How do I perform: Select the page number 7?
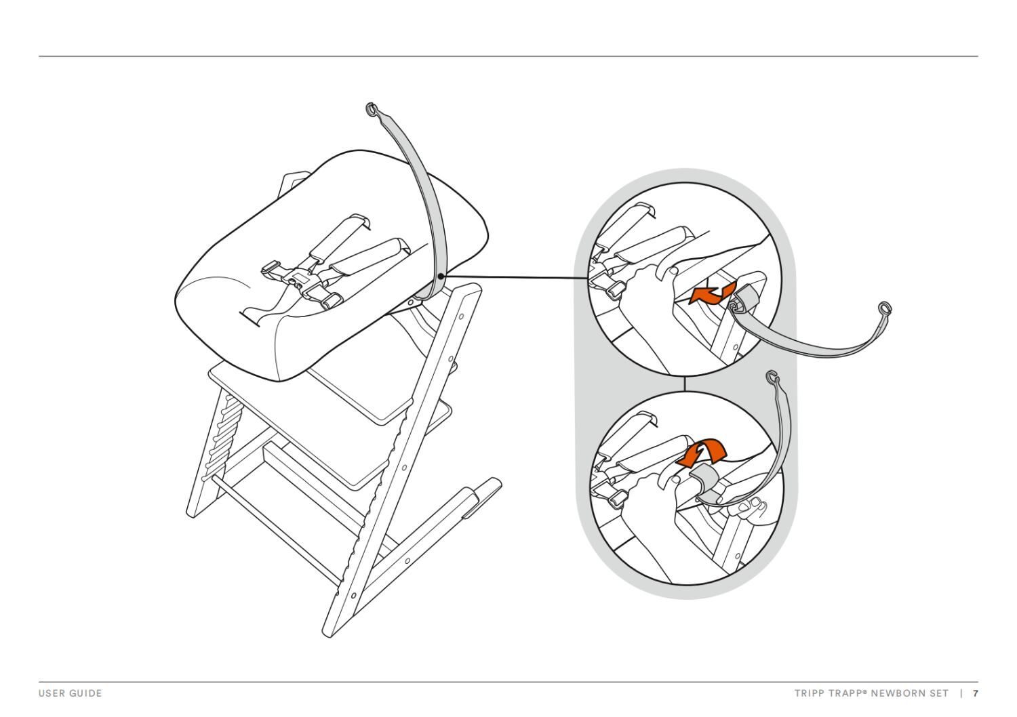click(x=976, y=693)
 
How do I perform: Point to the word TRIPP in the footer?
click(x=808, y=693)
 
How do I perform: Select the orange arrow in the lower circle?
click(x=702, y=451)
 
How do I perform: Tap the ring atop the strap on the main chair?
click(x=371, y=108)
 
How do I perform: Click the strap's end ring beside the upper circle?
click(x=885, y=308)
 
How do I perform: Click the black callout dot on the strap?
click(x=441, y=276)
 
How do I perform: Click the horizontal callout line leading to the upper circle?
click(x=515, y=276)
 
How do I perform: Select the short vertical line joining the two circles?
click(x=685, y=383)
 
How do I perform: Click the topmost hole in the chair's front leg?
click(x=461, y=316)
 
